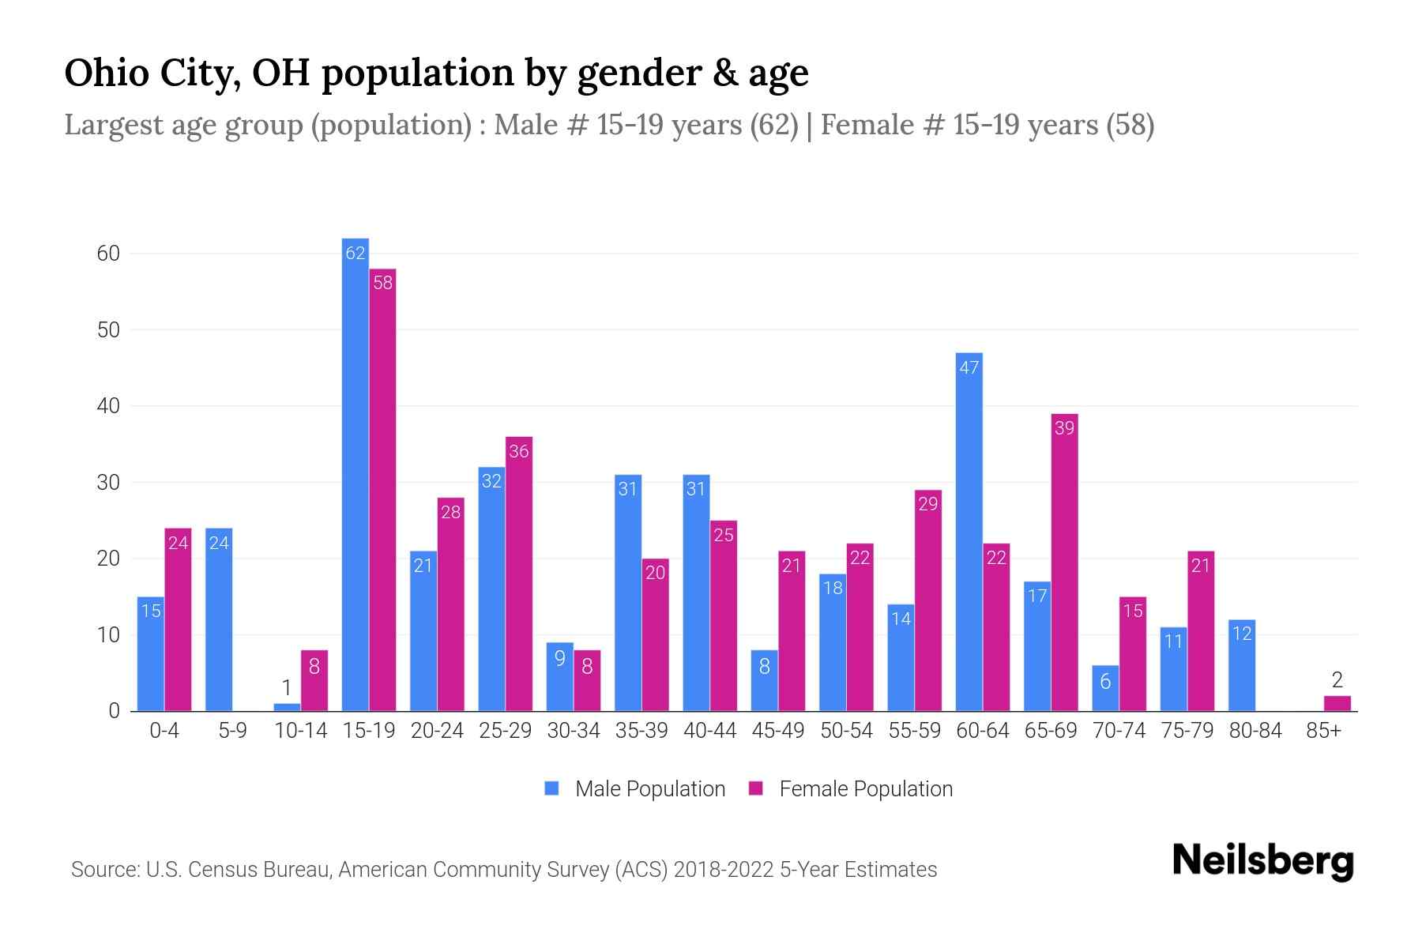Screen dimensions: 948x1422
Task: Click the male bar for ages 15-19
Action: tap(355, 474)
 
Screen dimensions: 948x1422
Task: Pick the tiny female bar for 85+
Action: tap(1337, 703)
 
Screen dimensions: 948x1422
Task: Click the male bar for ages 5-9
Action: tap(219, 619)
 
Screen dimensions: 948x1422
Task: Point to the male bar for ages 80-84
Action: tap(1242, 665)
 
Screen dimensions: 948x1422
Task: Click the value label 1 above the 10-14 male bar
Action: tap(287, 687)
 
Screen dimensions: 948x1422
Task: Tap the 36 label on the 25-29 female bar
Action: tap(519, 451)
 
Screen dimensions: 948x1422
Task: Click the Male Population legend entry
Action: tap(635, 788)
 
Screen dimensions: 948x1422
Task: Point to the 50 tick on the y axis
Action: tap(108, 329)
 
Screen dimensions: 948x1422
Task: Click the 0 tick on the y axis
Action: tap(114, 711)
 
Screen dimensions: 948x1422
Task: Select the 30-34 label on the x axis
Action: tap(574, 731)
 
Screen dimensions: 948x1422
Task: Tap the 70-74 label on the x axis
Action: tap(1119, 731)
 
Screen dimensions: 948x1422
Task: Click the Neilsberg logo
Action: tap(1262, 861)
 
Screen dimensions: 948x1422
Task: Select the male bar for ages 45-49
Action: tap(765, 680)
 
